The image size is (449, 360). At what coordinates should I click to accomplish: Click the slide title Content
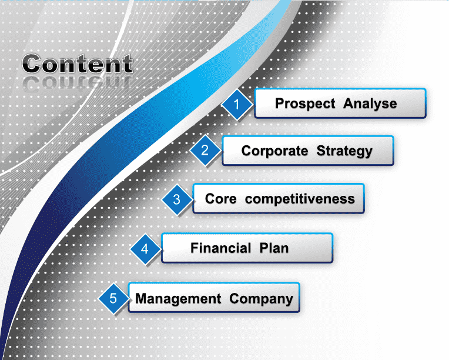click(x=78, y=64)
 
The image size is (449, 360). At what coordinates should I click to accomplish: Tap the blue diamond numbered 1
click(x=236, y=104)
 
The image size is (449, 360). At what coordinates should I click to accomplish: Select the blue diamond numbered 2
click(x=205, y=150)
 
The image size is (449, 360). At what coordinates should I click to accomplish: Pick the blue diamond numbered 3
click(x=177, y=199)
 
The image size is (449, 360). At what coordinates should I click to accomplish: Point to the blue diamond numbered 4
click(x=145, y=249)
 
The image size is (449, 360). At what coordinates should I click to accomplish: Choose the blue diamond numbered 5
click(x=113, y=298)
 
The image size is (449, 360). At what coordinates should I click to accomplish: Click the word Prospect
click(x=305, y=104)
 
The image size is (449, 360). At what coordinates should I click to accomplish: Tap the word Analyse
click(x=370, y=104)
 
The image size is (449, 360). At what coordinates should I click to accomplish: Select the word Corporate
click(x=274, y=151)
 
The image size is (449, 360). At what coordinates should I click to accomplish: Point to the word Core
click(x=221, y=199)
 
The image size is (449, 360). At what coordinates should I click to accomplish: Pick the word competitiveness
click(x=300, y=199)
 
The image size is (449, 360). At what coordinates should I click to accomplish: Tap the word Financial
click(x=221, y=248)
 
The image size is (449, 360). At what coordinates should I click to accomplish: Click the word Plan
click(x=274, y=248)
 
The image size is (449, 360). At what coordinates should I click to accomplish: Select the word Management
click(x=178, y=299)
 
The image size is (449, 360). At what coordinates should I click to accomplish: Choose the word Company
click(x=261, y=299)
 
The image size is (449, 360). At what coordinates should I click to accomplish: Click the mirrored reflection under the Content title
click(x=78, y=82)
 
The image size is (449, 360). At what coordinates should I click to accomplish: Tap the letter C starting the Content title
click(x=32, y=64)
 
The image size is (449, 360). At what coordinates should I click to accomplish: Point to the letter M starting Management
click(x=141, y=298)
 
